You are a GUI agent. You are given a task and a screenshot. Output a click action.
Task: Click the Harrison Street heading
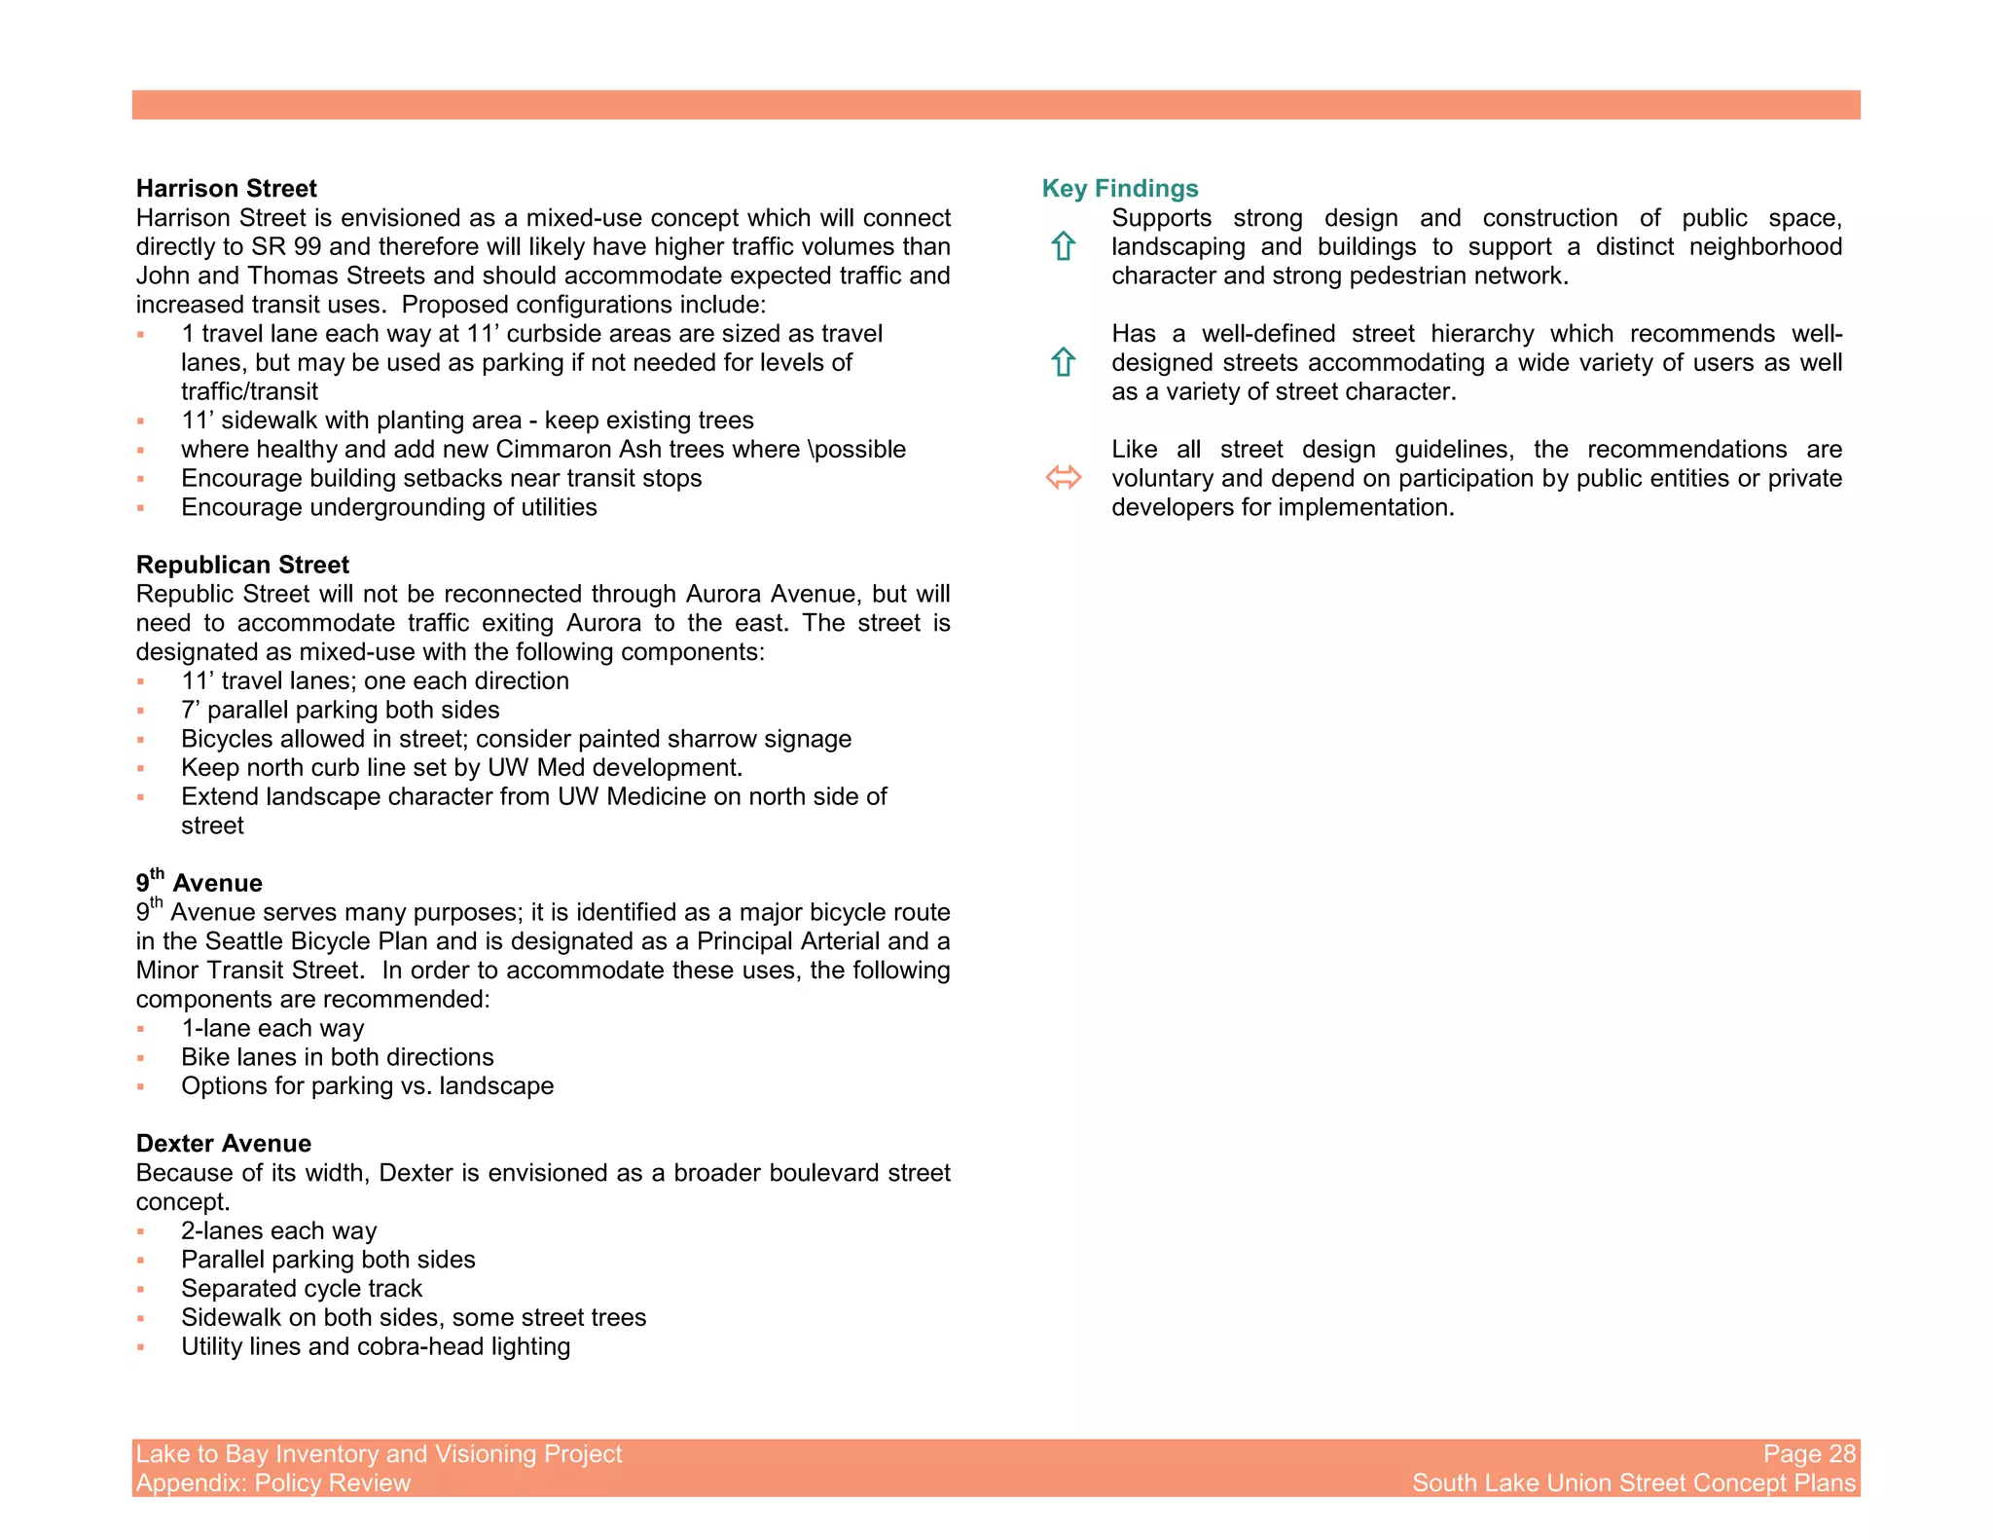226,189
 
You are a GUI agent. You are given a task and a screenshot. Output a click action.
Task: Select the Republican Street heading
242,566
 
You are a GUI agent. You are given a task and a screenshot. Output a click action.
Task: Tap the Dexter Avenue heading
224,1144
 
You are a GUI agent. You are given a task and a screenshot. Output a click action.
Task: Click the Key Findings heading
1119,189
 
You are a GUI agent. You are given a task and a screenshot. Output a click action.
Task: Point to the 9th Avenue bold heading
199,882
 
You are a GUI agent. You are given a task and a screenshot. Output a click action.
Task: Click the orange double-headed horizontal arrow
1063,478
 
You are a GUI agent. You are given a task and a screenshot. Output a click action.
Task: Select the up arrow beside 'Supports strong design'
1063,246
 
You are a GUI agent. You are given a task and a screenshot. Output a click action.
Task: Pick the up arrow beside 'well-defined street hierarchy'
1063,362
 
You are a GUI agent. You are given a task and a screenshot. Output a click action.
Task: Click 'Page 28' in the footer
1809,1453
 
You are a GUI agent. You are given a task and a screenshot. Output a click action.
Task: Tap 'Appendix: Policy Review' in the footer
273,1483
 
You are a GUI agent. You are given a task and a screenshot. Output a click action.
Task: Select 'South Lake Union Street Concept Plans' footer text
1634,1483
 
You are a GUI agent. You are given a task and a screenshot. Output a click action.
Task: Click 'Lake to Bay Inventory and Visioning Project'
379,1453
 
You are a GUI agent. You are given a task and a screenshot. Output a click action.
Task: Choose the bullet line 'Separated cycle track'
302,1289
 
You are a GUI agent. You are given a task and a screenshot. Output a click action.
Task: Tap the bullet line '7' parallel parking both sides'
340,711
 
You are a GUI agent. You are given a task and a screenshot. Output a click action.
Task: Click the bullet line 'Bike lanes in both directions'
337,1057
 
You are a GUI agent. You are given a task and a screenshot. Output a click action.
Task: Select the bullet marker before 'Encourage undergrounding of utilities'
141,508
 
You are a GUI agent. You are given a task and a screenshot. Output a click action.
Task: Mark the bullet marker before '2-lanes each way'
141,1231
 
